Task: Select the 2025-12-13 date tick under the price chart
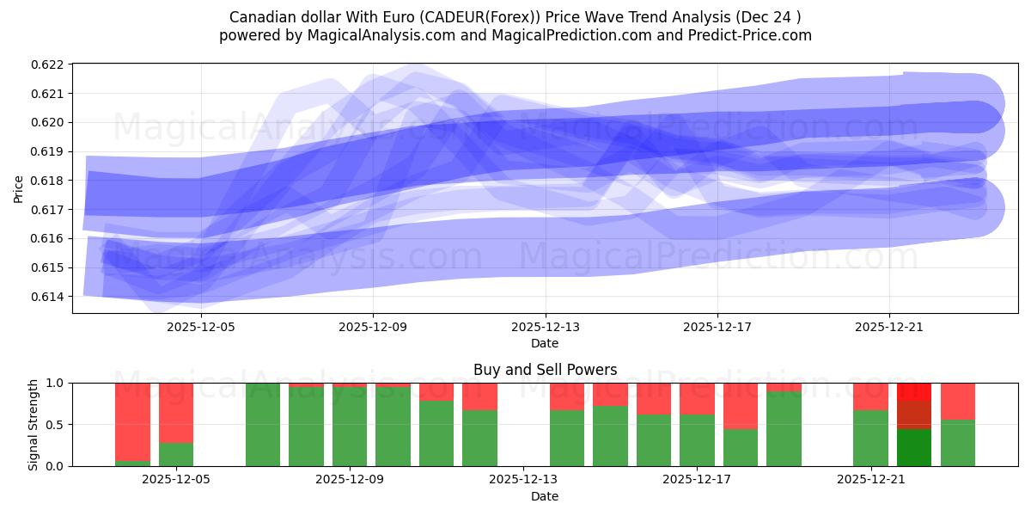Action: pos(545,327)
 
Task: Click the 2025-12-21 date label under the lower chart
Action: pos(871,480)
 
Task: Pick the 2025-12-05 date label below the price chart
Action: pos(201,327)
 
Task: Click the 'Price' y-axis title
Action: pos(19,189)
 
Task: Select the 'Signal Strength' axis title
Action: pos(34,425)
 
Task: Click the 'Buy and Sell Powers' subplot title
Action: pos(545,371)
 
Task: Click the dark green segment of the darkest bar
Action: pos(914,447)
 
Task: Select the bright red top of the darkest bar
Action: pos(914,391)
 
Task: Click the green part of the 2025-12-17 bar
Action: pos(697,440)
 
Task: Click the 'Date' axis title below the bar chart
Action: pos(545,496)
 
